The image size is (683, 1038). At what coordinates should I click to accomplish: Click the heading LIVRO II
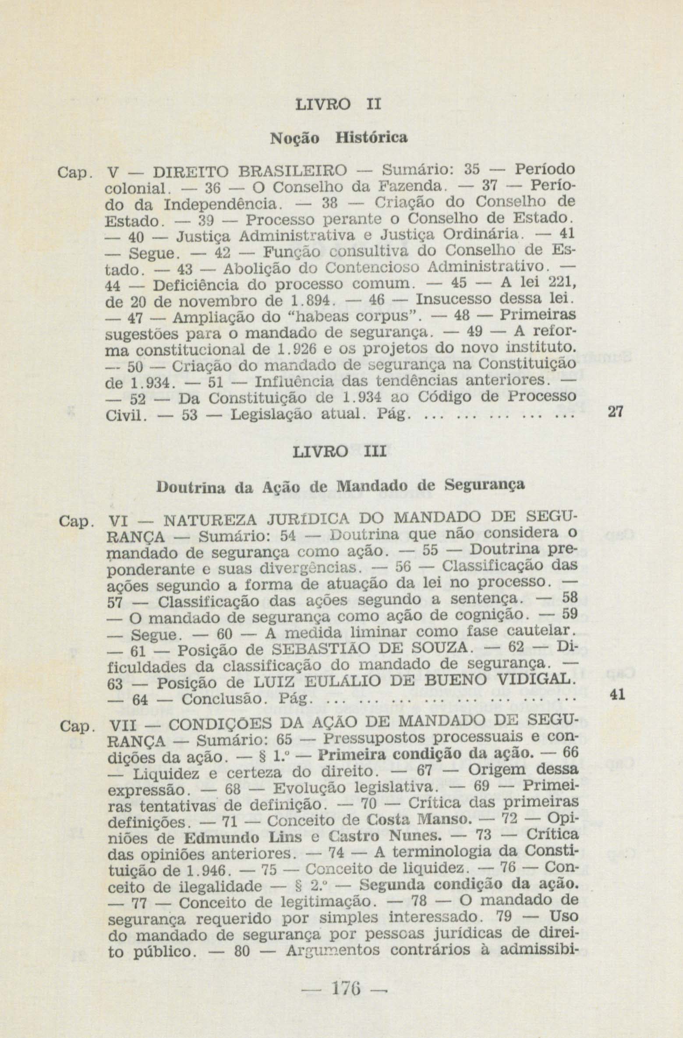point(338,105)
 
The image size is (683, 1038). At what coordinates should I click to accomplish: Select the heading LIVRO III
point(339,451)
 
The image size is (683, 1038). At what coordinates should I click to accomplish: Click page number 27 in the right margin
point(616,412)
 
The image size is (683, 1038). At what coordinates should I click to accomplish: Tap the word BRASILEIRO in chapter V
point(289,169)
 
